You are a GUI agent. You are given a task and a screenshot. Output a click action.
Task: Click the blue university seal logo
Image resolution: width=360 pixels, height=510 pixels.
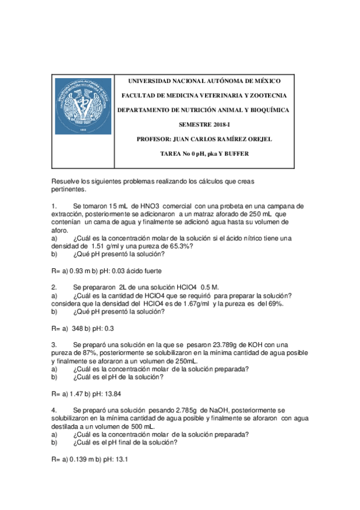(84, 106)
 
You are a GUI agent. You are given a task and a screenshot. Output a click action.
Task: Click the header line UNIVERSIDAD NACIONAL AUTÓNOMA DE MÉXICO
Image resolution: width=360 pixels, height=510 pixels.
(204, 81)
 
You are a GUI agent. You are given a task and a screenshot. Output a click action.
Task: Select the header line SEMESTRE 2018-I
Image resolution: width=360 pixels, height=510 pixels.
(204, 124)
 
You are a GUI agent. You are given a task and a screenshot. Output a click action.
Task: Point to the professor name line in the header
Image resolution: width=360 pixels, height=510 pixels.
(204, 139)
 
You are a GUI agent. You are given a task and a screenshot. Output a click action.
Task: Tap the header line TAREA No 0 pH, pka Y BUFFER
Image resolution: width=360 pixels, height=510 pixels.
(204, 154)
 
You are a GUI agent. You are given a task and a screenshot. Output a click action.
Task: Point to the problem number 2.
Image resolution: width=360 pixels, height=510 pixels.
(54, 287)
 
